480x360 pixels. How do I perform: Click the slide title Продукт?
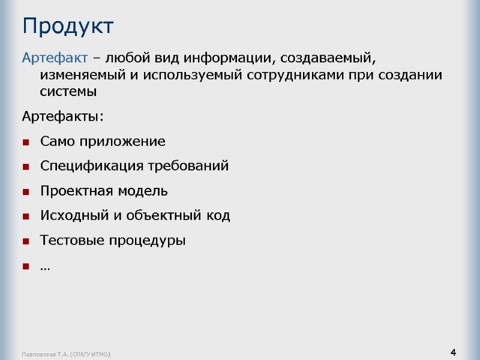pyautogui.click(x=67, y=26)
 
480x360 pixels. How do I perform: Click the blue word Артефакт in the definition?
pyautogui.click(x=55, y=59)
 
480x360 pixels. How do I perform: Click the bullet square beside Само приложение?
pyautogui.click(x=26, y=143)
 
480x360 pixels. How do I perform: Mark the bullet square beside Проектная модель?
pyautogui.click(x=26, y=192)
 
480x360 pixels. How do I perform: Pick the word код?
pyautogui.click(x=218, y=215)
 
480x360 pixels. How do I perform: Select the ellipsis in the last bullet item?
pyautogui.click(x=45, y=267)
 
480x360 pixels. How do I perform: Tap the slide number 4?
pyautogui.click(x=453, y=352)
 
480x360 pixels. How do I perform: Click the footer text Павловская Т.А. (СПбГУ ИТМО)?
pyautogui.click(x=67, y=355)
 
